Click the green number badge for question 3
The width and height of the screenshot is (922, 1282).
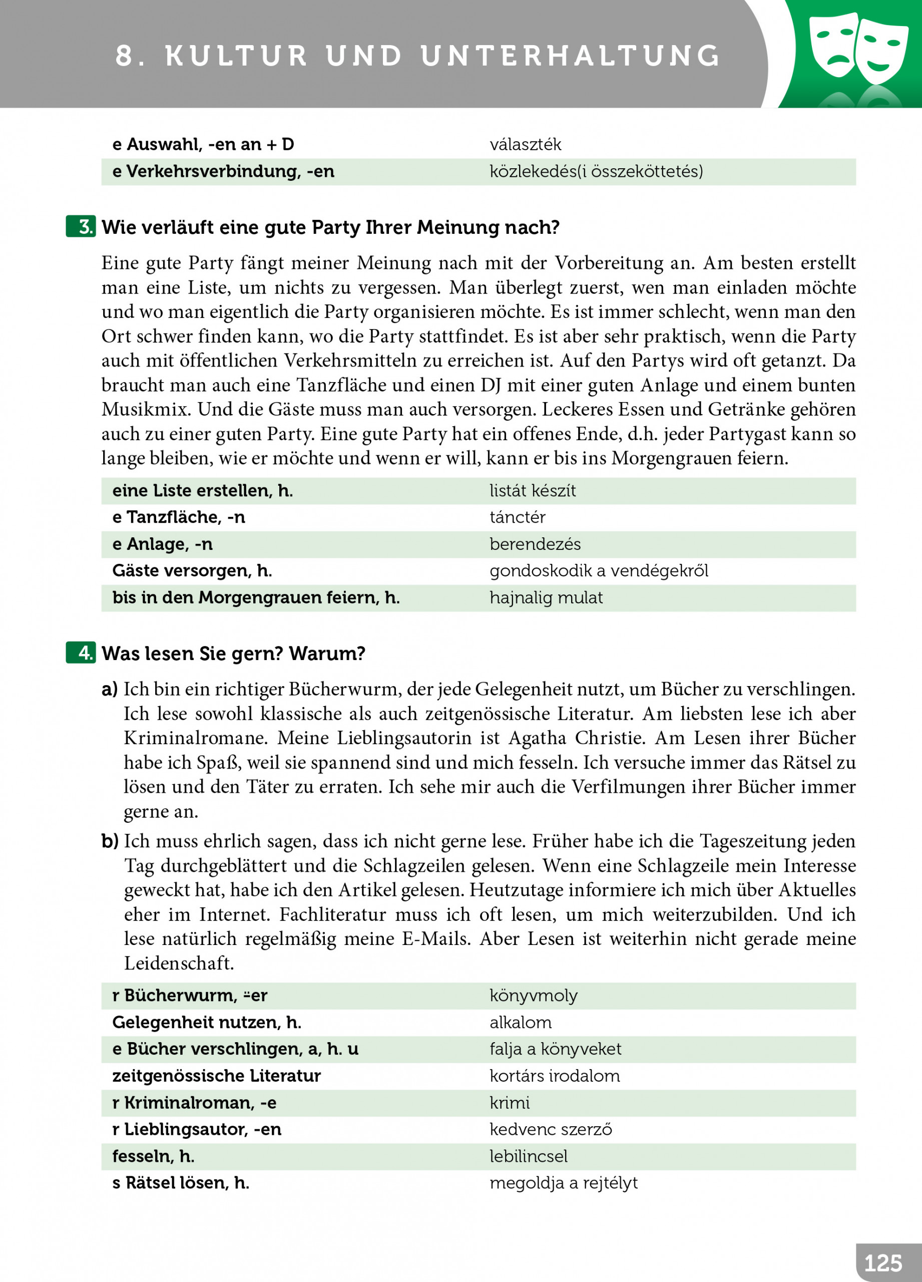coord(81,227)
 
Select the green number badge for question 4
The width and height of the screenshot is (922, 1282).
coord(81,653)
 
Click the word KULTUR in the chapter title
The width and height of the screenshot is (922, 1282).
coord(236,56)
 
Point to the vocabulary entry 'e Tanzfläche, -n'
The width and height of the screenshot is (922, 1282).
coord(179,517)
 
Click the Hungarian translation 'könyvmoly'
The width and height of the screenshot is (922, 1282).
coord(533,996)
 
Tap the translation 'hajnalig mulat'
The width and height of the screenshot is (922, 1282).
coord(546,597)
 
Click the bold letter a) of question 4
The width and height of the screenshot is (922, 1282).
coord(110,690)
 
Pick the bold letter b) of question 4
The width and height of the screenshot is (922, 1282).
coord(110,841)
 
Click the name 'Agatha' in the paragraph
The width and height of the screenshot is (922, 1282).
coord(537,738)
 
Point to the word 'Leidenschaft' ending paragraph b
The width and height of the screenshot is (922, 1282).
coord(179,963)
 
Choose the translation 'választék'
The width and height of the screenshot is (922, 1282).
coord(526,145)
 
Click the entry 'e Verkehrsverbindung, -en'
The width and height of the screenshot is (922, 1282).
coord(223,171)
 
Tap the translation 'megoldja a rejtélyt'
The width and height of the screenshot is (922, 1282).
coord(563,1182)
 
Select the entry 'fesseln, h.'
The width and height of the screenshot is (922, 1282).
coord(153,1156)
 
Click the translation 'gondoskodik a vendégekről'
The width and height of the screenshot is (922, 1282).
coord(598,571)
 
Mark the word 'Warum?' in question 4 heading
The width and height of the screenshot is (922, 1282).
coord(327,654)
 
